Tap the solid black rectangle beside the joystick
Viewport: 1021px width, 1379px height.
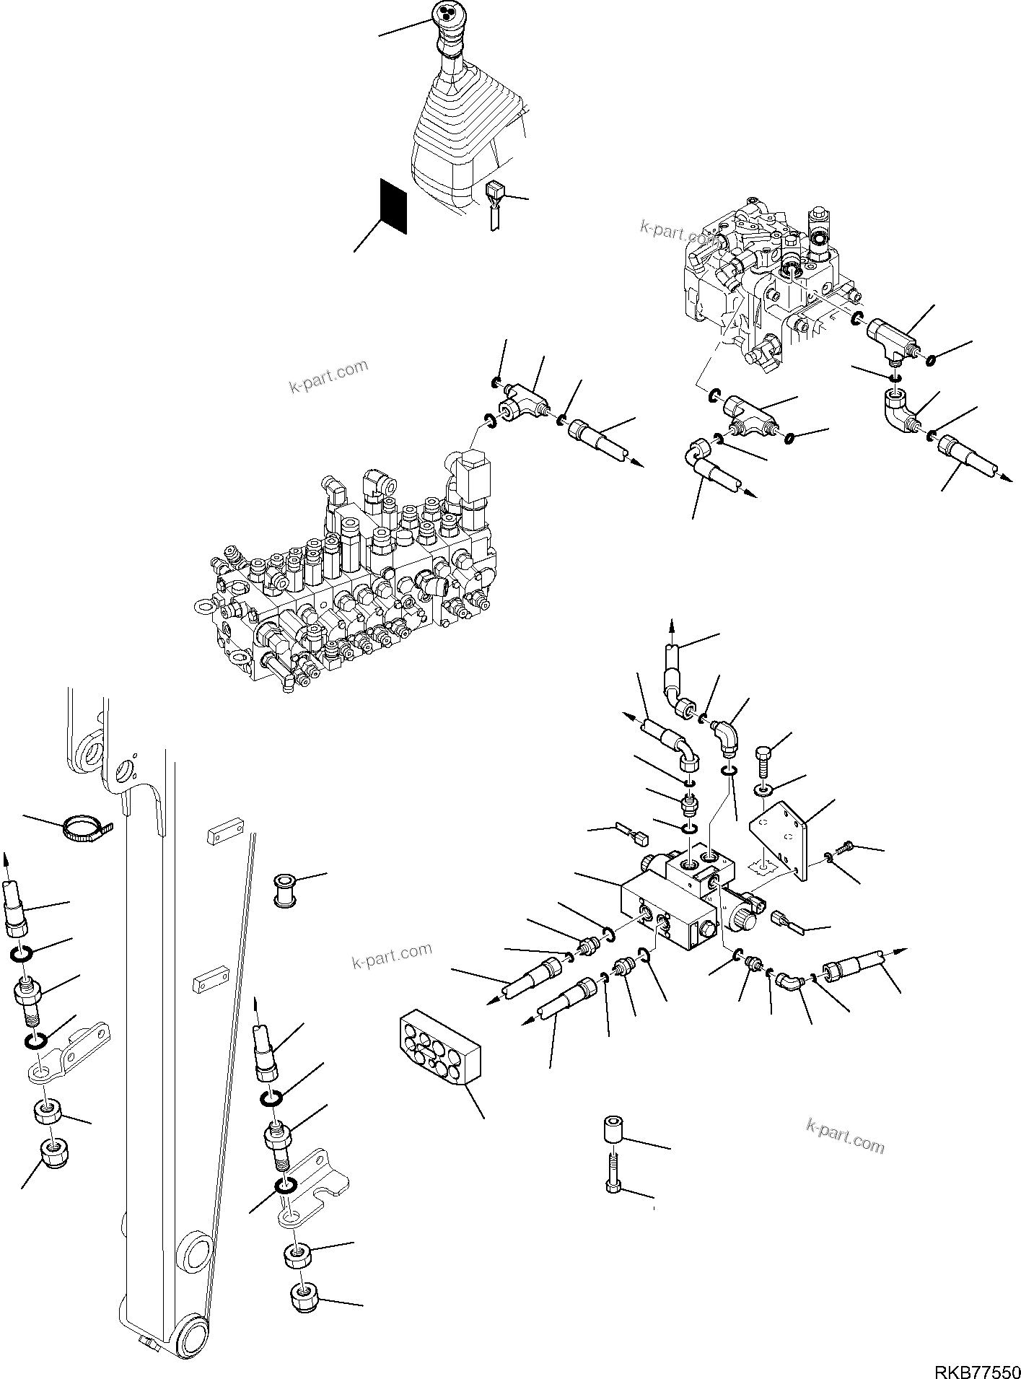pos(393,206)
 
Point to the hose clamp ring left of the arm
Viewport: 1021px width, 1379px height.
pos(85,827)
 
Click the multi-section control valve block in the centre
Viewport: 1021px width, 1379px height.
pos(346,577)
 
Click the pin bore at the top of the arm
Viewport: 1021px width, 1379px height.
pos(92,753)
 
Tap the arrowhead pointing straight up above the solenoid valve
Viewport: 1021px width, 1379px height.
pos(672,628)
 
